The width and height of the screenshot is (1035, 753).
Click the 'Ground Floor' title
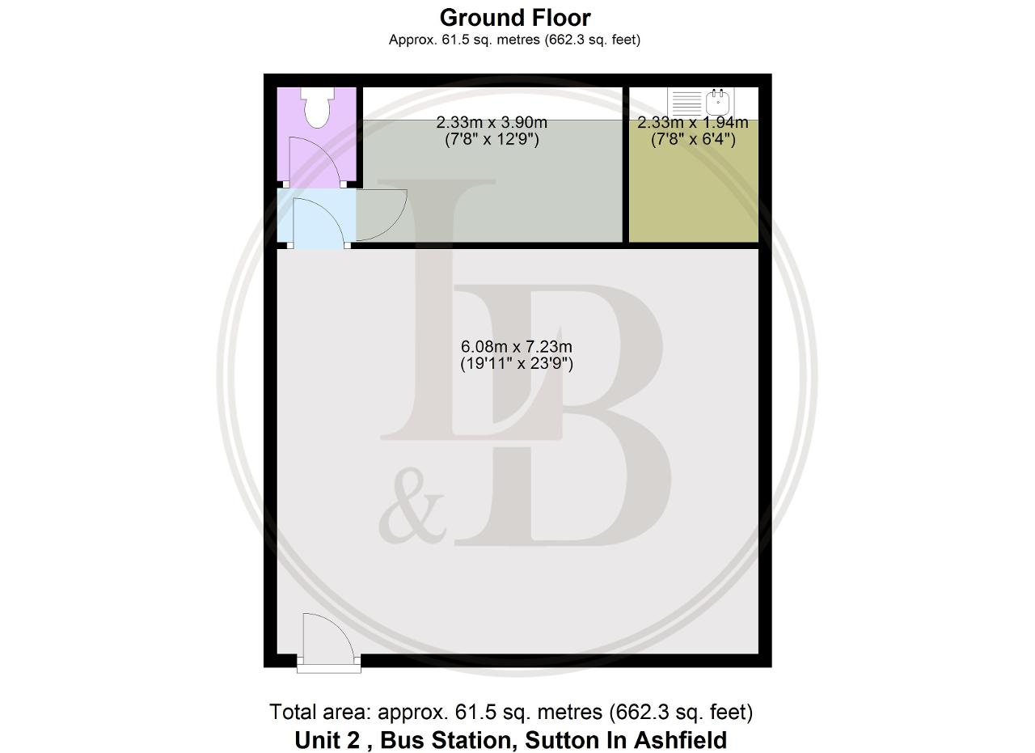[515, 18]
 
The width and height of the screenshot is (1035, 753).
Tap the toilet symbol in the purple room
[318, 107]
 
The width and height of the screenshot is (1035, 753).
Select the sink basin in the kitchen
[717, 102]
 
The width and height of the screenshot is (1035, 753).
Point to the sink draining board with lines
[687, 103]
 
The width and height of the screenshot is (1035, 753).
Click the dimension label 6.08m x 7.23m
[517, 347]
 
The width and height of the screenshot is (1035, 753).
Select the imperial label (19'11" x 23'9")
[517, 364]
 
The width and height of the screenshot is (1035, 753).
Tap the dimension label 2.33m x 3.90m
[492, 122]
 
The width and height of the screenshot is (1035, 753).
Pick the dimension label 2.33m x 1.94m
[693, 122]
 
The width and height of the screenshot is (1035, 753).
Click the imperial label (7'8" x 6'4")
[693, 139]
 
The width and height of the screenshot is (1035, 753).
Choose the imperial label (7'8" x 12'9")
[492, 139]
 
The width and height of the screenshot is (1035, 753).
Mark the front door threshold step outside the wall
[328, 669]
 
